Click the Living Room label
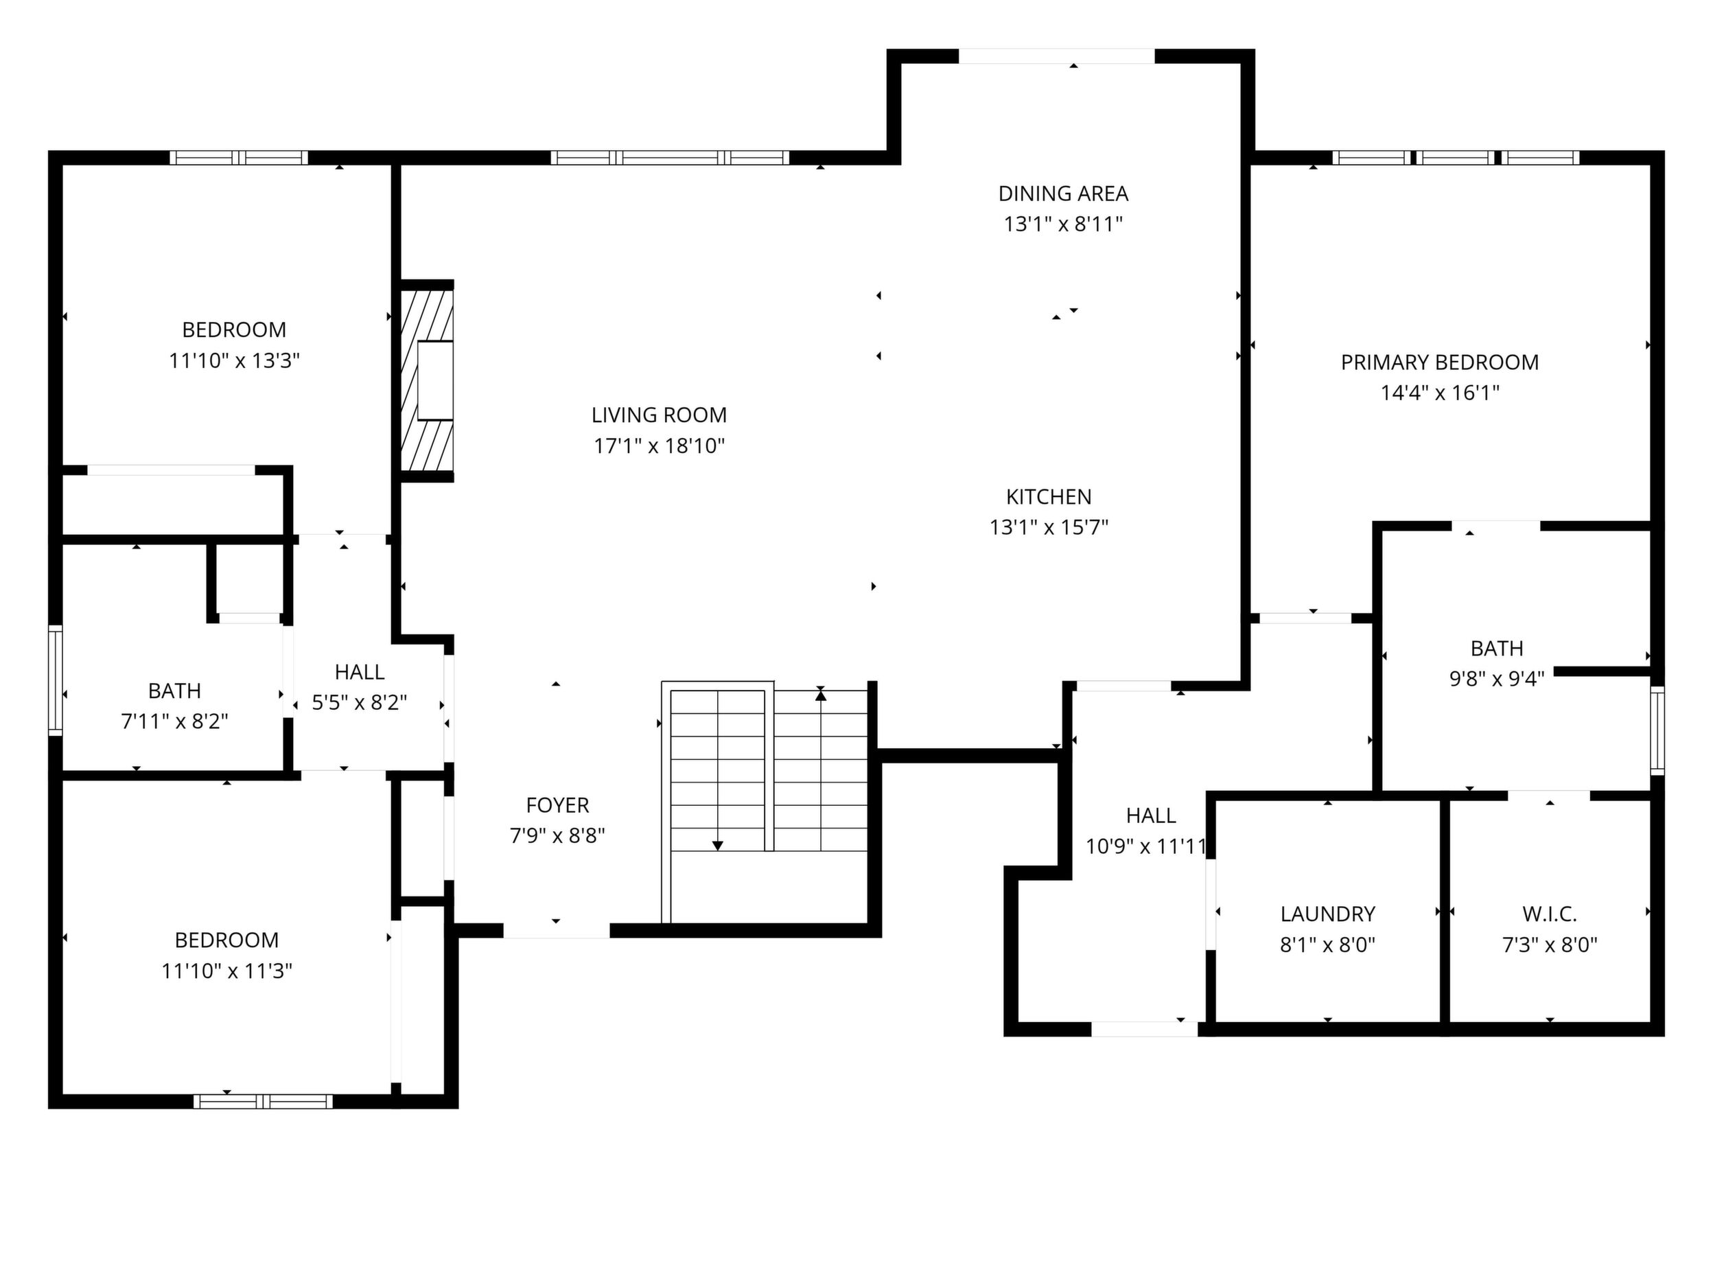(x=659, y=415)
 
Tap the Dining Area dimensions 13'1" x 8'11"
(x=1063, y=224)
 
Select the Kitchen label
(x=1049, y=496)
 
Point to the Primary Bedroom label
(x=1440, y=362)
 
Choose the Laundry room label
(x=1327, y=914)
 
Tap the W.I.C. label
(x=1550, y=914)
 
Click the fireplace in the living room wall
(x=427, y=380)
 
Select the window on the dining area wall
(x=1057, y=56)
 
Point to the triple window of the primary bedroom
(x=1456, y=158)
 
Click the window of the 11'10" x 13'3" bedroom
(x=240, y=158)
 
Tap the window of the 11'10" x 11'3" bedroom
(x=264, y=1100)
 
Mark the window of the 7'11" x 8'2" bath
(x=56, y=680)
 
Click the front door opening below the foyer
(x=557, y=930)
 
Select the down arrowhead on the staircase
(x=718, y=846)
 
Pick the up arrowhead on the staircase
(x=821, y=695)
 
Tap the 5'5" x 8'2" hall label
(x=360, y=672)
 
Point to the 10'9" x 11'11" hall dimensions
(x=1147, y=846)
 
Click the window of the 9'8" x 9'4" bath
(x=1657, y=730)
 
